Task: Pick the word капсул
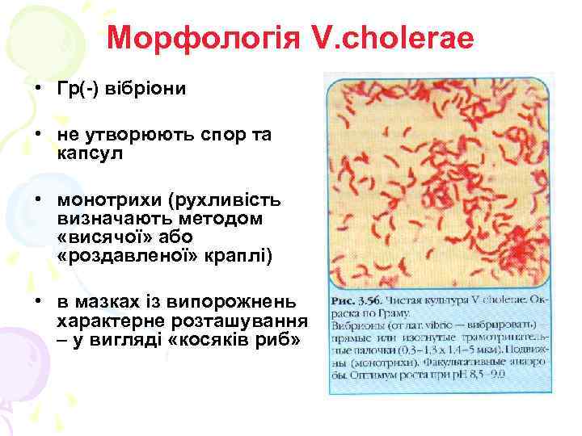coord(90,153)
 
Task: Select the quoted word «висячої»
coord(106,237)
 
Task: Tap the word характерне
coord(101,321)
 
